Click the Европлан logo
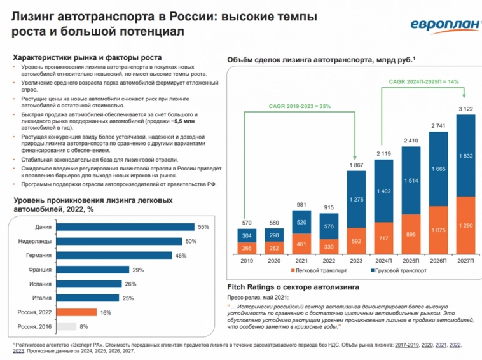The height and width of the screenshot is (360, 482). (x=436, y=25)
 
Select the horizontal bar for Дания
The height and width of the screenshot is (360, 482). (x=124, y=227)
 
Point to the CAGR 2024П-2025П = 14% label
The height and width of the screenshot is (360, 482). (x=423, y=81)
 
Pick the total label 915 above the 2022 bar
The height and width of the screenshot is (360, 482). (x=329, y=208)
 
